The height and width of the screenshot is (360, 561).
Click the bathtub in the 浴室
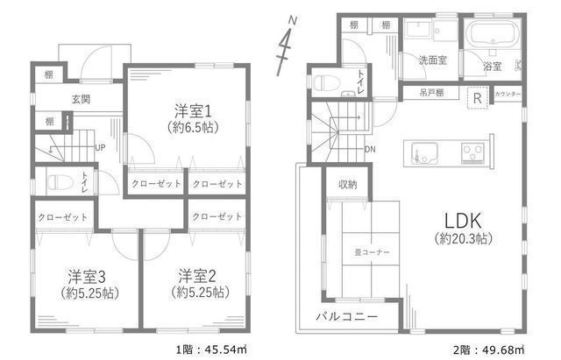491,37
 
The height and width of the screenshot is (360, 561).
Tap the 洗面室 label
432,61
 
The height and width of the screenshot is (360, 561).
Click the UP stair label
100,147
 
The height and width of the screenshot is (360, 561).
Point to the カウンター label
508,94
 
